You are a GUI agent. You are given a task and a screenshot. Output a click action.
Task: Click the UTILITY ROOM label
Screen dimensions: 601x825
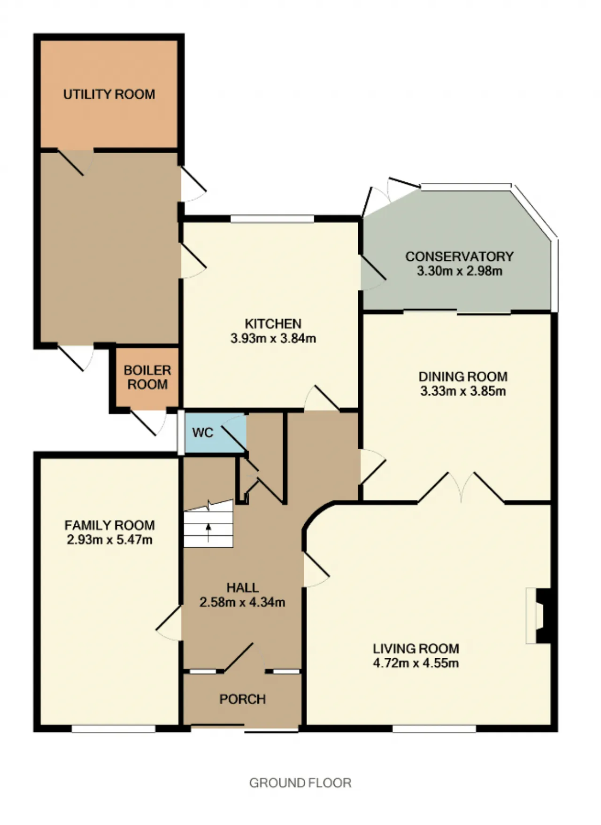coord(109,94)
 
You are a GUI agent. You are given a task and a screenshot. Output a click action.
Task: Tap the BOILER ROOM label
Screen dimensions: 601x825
coord(147,377)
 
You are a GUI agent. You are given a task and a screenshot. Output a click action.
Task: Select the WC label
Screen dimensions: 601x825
coord(203,433)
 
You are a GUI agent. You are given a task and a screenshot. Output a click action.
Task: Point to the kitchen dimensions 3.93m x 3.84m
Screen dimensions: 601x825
coord(273,338)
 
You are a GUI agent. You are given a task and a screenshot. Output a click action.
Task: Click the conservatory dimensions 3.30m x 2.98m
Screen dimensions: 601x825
coord(460,271)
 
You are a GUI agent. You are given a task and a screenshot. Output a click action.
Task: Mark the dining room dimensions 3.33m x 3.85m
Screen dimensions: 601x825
coord(463,391)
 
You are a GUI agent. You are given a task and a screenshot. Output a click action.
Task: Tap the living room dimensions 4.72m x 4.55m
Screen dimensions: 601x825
coord(416,663)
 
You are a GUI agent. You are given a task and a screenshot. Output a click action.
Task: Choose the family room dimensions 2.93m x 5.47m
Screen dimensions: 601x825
coord(109,540)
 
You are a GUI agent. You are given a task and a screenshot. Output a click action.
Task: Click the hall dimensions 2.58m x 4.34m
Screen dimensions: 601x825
coord(242,602)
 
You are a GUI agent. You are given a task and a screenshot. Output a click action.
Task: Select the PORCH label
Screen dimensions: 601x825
coord(243,699)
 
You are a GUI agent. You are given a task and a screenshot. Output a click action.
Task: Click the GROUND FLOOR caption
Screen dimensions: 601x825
coord(300,783)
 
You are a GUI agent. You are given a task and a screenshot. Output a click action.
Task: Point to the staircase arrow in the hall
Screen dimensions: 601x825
coord(208,532)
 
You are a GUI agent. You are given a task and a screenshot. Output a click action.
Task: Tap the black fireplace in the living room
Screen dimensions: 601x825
coord(544,615)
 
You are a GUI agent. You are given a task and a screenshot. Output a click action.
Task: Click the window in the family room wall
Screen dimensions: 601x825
coord(113,729)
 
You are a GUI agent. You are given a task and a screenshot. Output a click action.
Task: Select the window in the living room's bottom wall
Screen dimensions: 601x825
coord(434,729)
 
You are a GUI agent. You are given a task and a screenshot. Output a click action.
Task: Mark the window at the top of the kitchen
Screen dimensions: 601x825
coord(272,218)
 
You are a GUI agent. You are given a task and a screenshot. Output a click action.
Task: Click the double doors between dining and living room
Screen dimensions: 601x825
coord(461,487)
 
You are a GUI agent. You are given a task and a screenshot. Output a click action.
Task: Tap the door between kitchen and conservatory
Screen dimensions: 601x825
coord(373,272)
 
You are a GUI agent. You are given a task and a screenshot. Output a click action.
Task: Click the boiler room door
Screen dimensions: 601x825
coord(148,422)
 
